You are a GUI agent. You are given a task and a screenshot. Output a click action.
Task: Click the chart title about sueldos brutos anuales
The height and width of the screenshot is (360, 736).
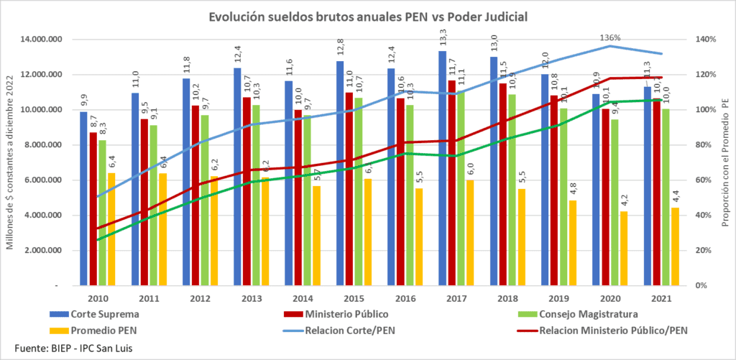pos(367,16)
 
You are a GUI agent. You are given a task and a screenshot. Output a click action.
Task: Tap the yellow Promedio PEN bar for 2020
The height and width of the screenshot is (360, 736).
pos(623,248)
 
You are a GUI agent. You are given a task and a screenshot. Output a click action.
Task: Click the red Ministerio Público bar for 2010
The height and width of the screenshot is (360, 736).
pos(93,208)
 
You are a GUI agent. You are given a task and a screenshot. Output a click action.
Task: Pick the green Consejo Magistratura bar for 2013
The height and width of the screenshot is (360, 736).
pos(256,195)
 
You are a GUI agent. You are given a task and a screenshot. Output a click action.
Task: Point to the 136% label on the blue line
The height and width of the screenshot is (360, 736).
pos(610,38)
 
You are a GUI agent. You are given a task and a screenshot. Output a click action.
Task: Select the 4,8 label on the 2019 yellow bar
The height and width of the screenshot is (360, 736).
pos(571,188)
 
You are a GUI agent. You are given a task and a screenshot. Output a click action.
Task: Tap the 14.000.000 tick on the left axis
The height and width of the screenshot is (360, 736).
pos(45,40)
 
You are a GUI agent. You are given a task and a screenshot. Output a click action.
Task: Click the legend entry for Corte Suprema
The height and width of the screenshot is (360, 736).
pos(101,315)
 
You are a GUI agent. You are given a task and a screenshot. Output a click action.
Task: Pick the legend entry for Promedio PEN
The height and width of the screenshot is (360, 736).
pos(100,331)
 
